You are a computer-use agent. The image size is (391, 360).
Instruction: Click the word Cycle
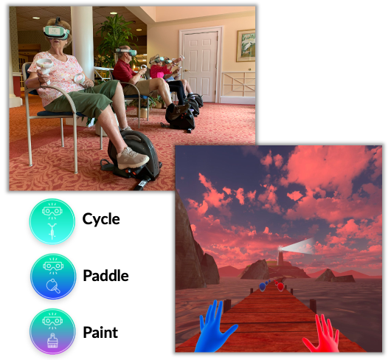click(101, 219)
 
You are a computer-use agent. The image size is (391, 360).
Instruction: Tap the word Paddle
click(105, 275)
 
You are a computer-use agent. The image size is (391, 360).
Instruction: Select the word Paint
click(100, 332)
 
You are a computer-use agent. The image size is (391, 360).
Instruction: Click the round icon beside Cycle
click(52, 221)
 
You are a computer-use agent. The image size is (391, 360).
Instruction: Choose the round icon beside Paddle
click(53, 277)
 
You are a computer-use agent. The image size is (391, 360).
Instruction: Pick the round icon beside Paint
click(52, 331)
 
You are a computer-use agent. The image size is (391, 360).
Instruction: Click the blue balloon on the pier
click(262, 287)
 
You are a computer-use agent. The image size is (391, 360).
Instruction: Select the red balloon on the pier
click(280, 287)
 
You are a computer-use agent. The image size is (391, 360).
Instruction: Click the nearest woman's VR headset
click(56, 32)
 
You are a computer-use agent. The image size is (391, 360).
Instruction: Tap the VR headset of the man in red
click(127, 52)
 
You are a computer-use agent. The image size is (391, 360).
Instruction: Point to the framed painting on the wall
click(246, 46)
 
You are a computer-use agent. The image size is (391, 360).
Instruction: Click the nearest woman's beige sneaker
click(133, 159)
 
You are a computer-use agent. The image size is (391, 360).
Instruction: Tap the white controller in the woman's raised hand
click(45, 66)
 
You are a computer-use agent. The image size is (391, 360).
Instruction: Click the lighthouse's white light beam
click(298, 246)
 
